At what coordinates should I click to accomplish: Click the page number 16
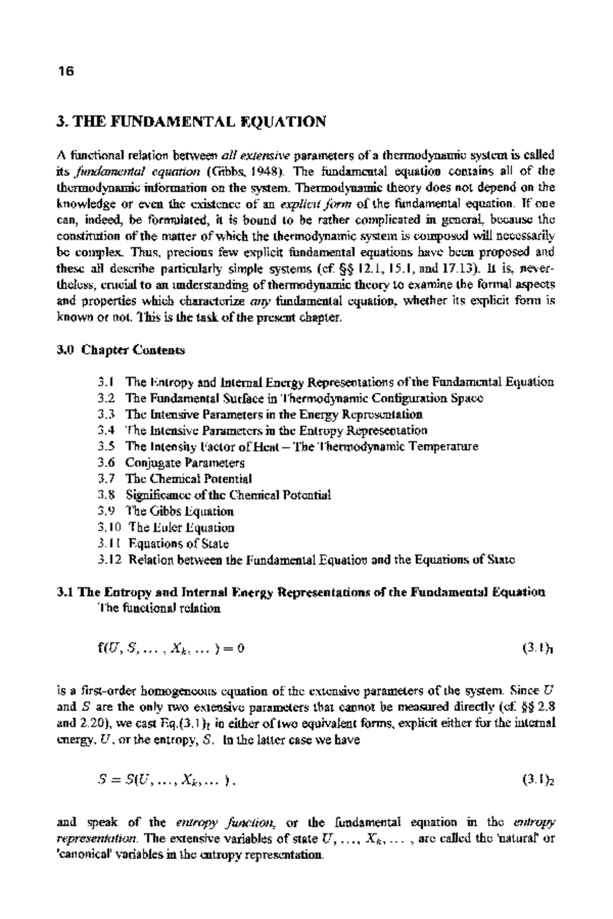tap(66, 71)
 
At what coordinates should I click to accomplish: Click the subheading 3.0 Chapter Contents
tap(121, 350)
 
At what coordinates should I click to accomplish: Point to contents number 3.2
tap(106, 398)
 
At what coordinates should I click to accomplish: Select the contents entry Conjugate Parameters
tap(185, 463)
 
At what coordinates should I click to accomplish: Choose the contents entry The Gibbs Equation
tap(180, 511)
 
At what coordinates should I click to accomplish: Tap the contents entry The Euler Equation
tap(181, 527)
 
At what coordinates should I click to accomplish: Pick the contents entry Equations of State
tap(178, 544)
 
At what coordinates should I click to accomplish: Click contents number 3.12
tap(110, 560)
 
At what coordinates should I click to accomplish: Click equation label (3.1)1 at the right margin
tap(538, 649)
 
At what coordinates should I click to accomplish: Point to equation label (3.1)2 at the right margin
tap(538, 780)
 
